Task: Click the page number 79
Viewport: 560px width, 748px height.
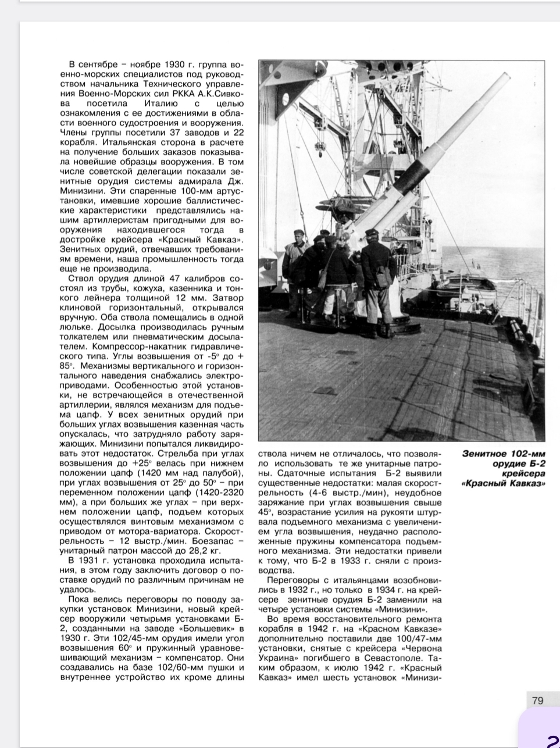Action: click(537, 700)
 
